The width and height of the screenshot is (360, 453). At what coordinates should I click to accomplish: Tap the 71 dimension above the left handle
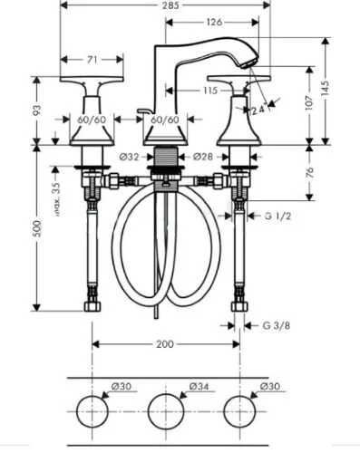(x=92, y=60)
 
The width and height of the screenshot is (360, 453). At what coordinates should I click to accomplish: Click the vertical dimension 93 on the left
(x=36, y=111)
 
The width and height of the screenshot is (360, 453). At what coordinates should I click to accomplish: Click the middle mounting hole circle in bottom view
(x=165, y=413)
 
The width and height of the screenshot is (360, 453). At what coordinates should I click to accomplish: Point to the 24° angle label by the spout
(x=258, y=109)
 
